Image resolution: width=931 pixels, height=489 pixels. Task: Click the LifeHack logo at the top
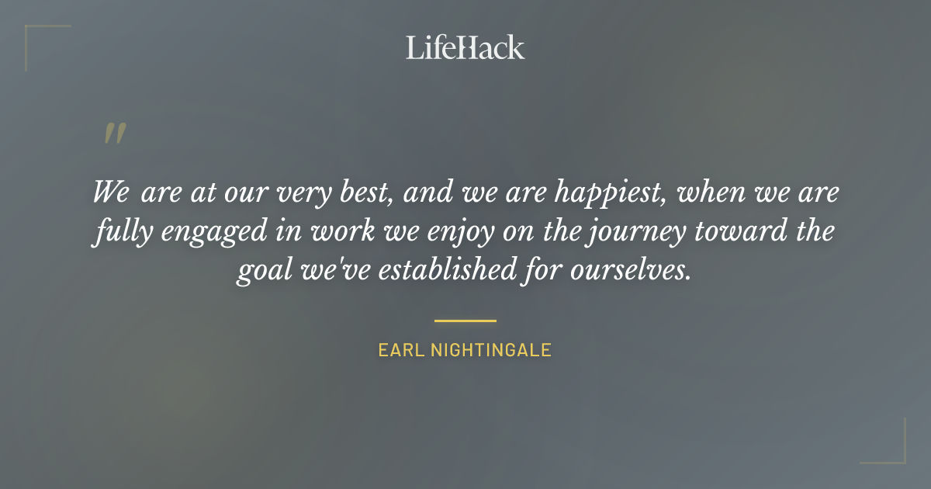tap(465, 47)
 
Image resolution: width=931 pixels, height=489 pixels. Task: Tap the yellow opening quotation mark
tap(114, 134)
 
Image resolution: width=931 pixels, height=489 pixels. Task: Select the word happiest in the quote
tap(602, 192)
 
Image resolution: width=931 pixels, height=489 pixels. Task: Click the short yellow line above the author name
tap(465, 320)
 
